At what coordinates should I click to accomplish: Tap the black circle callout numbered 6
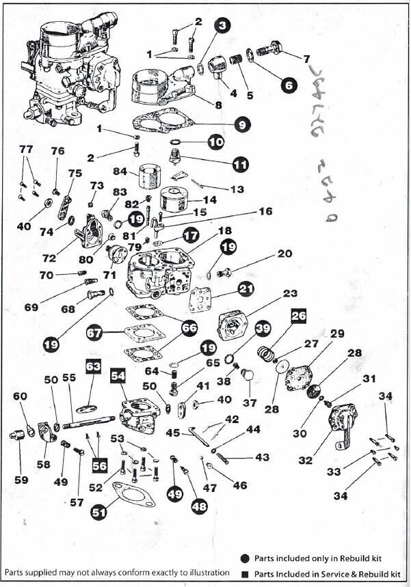point(288,85)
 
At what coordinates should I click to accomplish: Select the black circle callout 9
point(243,125)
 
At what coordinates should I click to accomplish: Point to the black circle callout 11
point(239,165)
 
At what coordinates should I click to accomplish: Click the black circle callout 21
point(246,289)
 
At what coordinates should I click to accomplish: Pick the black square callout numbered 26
point(298,316)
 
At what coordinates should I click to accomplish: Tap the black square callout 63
point(93,367)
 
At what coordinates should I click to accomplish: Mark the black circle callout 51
point(100,511)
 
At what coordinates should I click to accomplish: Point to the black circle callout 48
point(199,506)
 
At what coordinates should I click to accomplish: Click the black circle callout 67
point(95,333)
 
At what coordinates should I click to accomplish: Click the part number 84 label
point(120,171)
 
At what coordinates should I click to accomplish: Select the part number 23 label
point(289,294)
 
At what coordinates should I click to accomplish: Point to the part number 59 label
point(21,480)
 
